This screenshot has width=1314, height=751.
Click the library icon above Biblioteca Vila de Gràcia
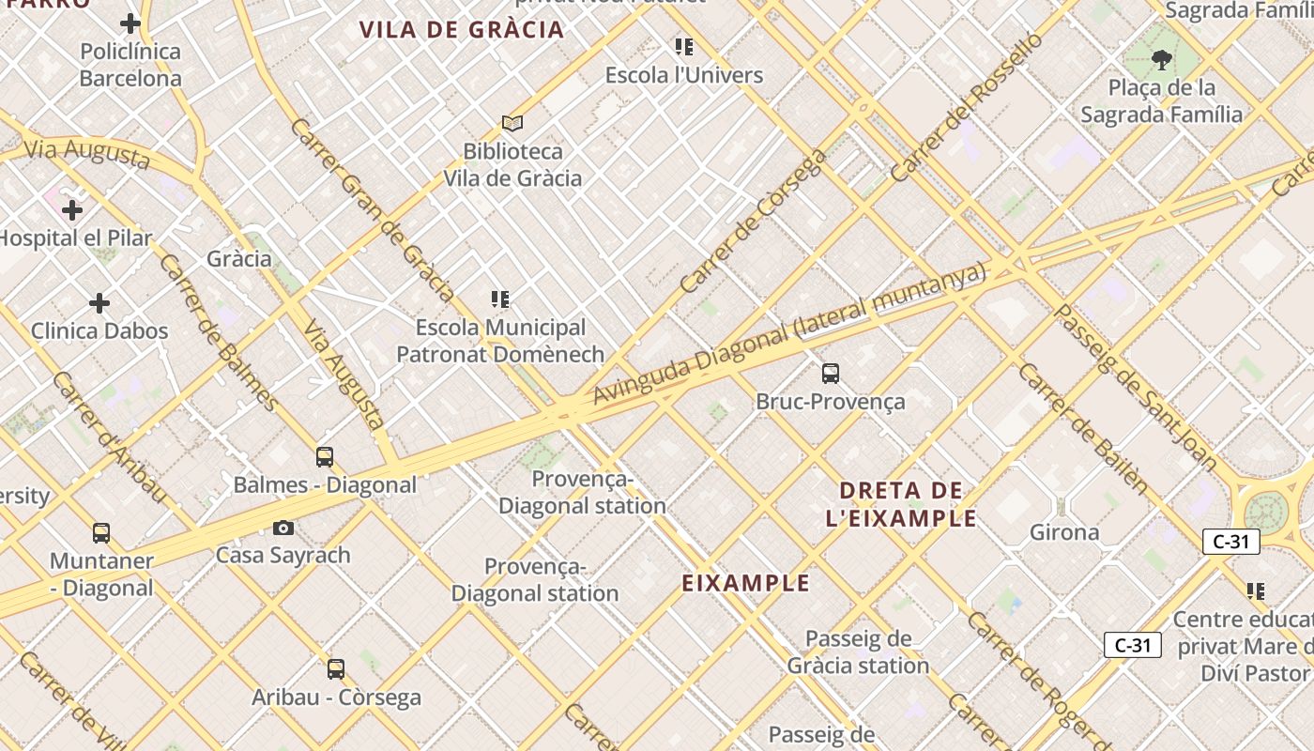pos(512,123)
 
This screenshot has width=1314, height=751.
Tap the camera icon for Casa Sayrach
pos(283,529)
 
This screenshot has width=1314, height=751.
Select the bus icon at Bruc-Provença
pos(831,374)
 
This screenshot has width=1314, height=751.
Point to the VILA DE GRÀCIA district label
pos(462,29)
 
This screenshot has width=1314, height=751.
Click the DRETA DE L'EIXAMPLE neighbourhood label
pos(901,504)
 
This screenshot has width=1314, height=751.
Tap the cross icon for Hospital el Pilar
pos(72,210)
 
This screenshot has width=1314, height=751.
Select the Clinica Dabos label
pos(99,330)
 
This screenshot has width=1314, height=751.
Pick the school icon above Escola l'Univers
pos(684,47)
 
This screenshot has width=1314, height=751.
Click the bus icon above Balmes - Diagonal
pos(325,457)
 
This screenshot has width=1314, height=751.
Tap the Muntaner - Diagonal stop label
pos(101,575)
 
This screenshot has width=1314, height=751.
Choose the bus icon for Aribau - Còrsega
pos(336,669)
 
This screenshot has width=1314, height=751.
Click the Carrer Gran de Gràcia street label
pos(373,208)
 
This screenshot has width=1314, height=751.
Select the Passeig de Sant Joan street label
pos(1137,387)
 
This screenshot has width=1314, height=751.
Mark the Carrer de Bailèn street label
pos(1082,428)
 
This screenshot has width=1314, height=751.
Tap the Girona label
pos(1064,532)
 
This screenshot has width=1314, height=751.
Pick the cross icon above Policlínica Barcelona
pos(130,23)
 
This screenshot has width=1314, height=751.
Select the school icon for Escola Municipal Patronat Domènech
pos(500,299)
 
